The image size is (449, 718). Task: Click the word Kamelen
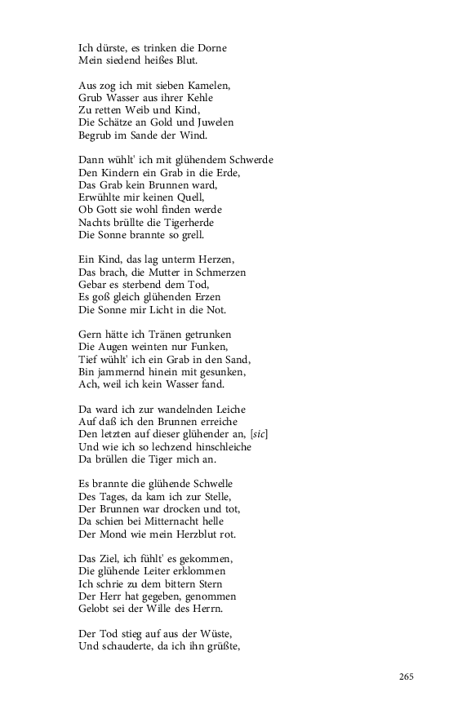coord(208,86)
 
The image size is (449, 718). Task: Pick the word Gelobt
coord(94,609)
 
